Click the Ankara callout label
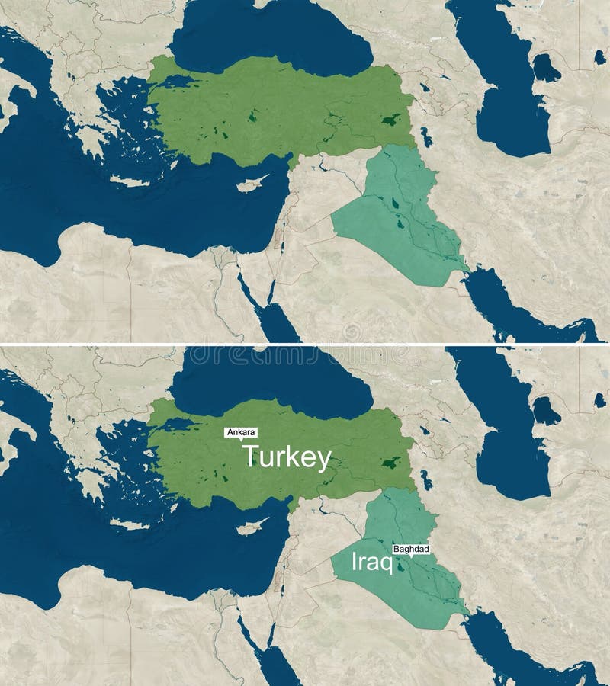(x=241, y=432)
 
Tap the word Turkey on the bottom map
(x=287, y=458)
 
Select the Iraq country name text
(x=371, y=563)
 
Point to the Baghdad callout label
(x=411, y=549)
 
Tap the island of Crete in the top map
(x=130, y=181)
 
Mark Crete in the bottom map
(x=130, y=524)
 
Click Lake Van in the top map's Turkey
(x=390, y=120)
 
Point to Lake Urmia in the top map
(x=425, y=138)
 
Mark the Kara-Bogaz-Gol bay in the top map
(x=546, y=69)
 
